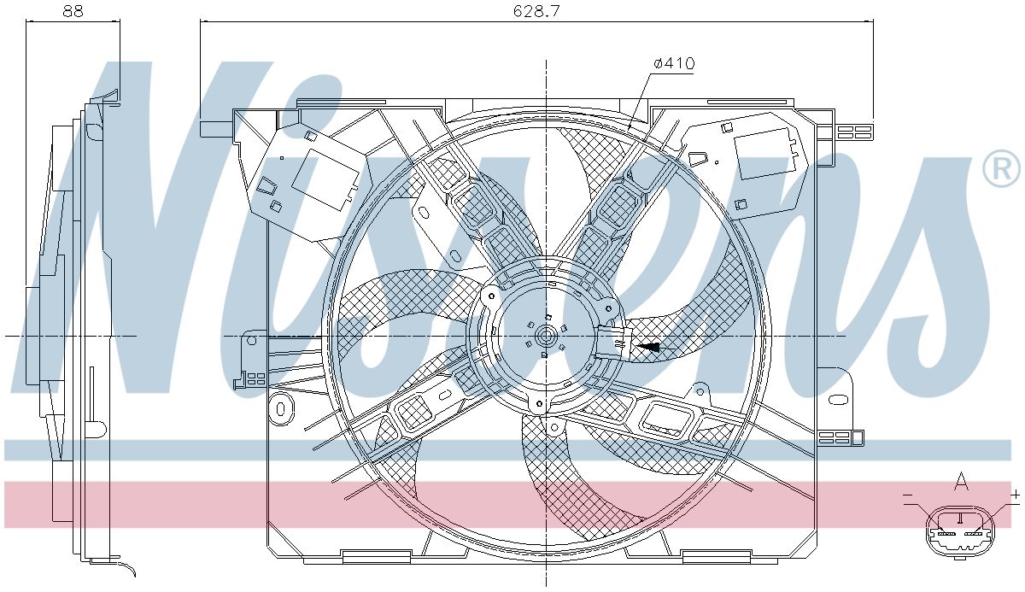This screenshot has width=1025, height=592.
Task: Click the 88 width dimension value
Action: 73,11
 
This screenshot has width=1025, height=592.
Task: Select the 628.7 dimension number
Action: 536,11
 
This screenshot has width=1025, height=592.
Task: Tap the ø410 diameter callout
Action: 674,63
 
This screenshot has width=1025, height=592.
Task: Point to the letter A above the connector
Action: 961,484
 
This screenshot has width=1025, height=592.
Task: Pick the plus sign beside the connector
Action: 1016,495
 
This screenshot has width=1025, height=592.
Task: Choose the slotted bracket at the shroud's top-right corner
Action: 854,132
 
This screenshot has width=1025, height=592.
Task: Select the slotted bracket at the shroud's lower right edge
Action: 836,438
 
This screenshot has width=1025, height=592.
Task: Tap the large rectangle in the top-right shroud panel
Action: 766,154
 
